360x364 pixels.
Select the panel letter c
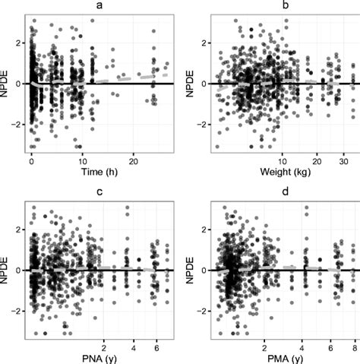(x=99, y=191)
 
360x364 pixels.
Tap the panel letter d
(x=285, y=191)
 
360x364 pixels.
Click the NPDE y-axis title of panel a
(x=7, y=84)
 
